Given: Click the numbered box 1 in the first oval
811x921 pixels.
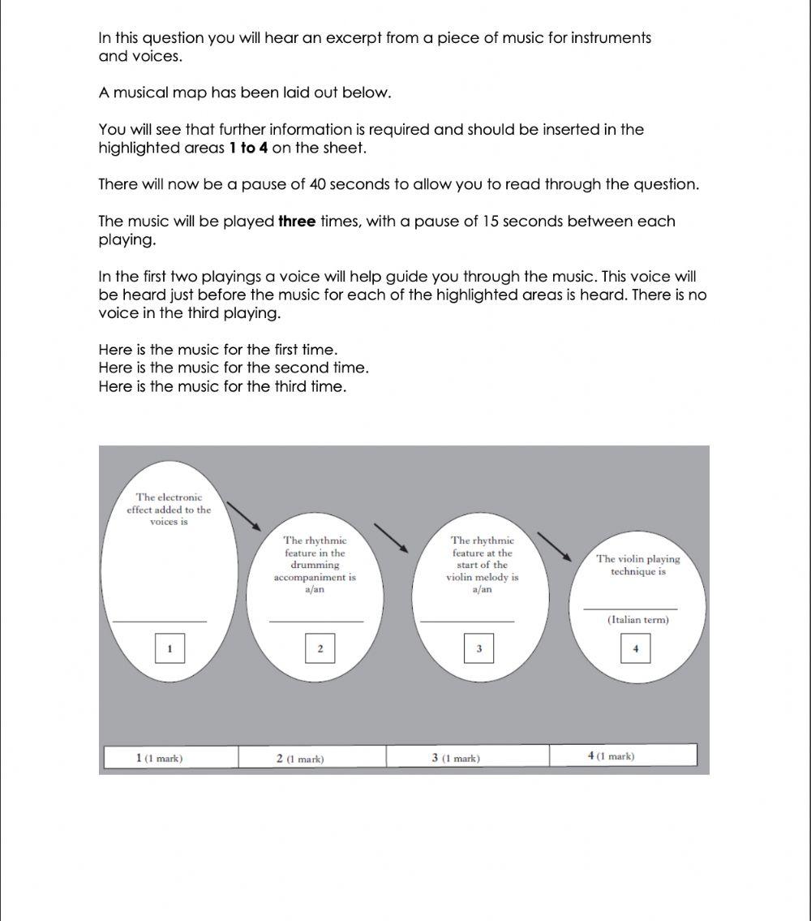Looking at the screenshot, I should [x=169, y=648].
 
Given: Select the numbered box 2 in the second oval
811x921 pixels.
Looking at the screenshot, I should [x=320, y=648].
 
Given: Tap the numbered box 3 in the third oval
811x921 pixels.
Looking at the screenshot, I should [x=478, y=648].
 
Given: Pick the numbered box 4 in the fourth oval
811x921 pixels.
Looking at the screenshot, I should [x=635, y=648].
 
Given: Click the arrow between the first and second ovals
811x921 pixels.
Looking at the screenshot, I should [x=242, y=517].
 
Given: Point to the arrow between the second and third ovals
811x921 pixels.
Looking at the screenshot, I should [x=390, y=538].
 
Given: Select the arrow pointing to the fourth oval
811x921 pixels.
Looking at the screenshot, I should [x=555, y=546].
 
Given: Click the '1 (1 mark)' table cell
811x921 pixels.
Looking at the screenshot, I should [x=170, y=757].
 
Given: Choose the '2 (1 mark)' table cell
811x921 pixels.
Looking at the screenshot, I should [x=312, y=757].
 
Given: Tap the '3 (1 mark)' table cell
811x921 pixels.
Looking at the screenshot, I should [x=467, y=757].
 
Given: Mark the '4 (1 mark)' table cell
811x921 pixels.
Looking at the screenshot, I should [x=623, y=756].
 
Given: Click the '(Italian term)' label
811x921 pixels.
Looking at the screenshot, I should [x=637, y=620].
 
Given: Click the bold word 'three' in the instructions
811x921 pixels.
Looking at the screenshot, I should [x=297, y=222].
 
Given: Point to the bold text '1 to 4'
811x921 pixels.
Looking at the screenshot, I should [x=248, y=148].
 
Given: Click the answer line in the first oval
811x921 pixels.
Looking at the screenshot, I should [x=160, y=622].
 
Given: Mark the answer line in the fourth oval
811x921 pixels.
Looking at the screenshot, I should [x=629, y=609].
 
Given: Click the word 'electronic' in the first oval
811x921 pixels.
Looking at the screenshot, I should [x=180, y=497].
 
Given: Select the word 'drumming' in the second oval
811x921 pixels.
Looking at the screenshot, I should [x=315, y=565].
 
